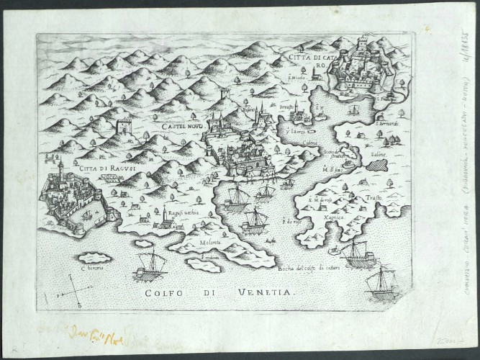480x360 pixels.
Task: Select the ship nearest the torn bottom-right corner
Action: pos(381,282)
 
